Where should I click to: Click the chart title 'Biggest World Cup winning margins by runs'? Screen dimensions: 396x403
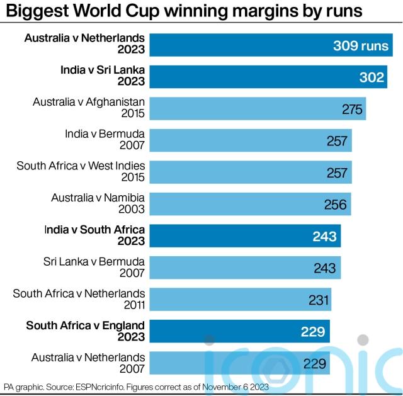pyautogui.click(x=183, y=12)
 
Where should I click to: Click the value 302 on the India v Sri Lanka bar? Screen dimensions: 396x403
pyautogui.click(x=372, y=77)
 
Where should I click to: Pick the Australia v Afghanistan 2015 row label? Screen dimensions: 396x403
pyautogui.click(x=89, y=108)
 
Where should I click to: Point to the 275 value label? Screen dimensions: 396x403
pyautogui.click(x=352, y=109)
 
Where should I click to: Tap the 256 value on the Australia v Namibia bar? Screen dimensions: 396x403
pyautogui.click(x=336, y=204)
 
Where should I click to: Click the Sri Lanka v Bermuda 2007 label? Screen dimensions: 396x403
pyautogui.click(x=94, y=267)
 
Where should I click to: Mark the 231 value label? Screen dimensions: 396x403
pyautogui.click(x=319, y=300)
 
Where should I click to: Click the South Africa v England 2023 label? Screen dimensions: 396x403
pyautogui.click(x=86, y=331)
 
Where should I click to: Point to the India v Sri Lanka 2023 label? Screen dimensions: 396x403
pyautogui.click(x=103, y=76)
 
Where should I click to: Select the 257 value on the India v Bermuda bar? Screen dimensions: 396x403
pyautogui.click(x=338, y=140)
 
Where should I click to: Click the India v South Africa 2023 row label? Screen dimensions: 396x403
pyautogui.click(x=94, y=235)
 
